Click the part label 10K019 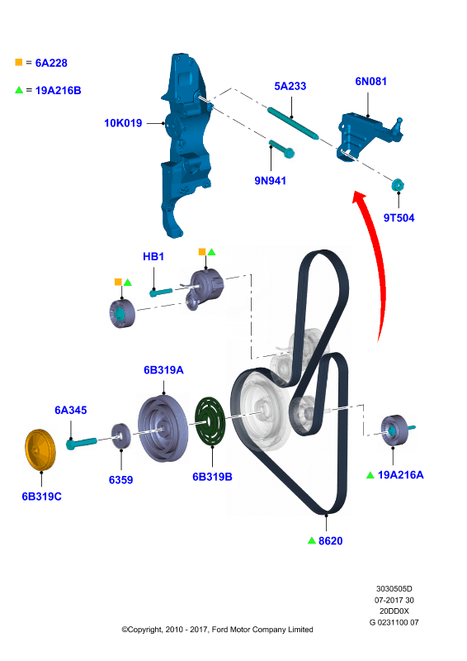pyautogui.click(x=123, y=123)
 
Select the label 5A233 pyautogui.click(x=290, y=86)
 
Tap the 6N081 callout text pyautogui.click(x=371, y=81)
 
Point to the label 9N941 pyautogui.click(x=271, y=180)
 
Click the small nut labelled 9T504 pyautogui.click(x=398, y=184)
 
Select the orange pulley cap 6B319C pyautogui.click(x=40, y=449)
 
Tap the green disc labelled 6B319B pyautogui.click(x=210, y=421)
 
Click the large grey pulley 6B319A pyautogui.click(x=163, y=428)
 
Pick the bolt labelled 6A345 pyautogui.click(x=82, y=443)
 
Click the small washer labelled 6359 pyautogui.click(x=120, y=436)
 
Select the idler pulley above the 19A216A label pyautogui.click(x=395, y=430)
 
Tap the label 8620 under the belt pyautogui.click(x=331, y=541)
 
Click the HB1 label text pyautogui.click(x=153, y=256)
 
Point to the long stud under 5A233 pyautogui.click(x=293, y=123)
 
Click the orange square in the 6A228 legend pyautogui.click(x=18, y=63)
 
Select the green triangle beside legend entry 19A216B pyautogui.click(x=19, y=90)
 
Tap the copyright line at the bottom pyautogui.click(x=217, y=630)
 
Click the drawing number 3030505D pyautogui.click(x=394, y=589)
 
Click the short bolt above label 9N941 pyautogui.click(x=281, y=149)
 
